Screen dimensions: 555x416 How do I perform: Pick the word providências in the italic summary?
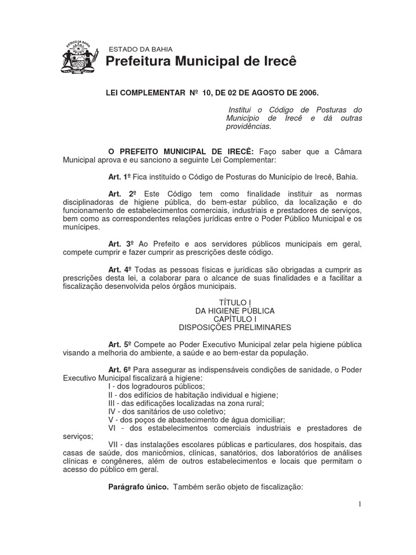coord(248,127)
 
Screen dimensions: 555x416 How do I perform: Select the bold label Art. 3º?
coord(120,244)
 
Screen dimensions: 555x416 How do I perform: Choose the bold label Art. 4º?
coord(120,269)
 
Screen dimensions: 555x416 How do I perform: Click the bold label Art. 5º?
coord(120,345)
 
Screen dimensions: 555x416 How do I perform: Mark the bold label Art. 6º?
coord(120,370)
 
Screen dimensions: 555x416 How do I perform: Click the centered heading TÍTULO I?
coord(235,302)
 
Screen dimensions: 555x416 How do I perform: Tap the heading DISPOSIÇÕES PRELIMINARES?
coord(235,327)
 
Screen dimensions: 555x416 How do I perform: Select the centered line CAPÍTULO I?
coord(235,319)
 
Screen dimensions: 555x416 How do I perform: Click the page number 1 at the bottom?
coord(359,505)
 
